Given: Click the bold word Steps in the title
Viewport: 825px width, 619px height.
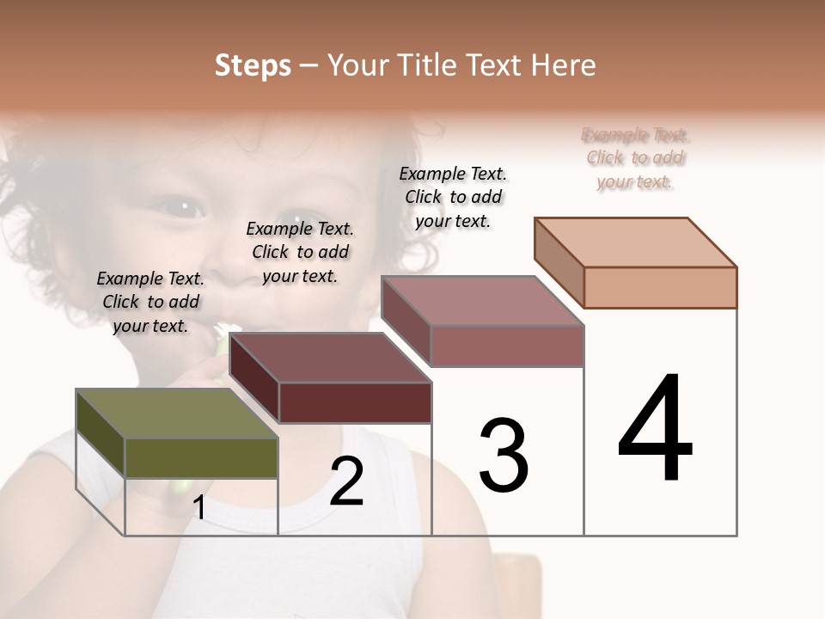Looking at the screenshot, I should coord(253,65).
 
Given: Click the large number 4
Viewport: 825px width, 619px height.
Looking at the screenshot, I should coord(655,429).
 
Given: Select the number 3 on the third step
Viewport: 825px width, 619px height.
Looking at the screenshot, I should coord(503,456).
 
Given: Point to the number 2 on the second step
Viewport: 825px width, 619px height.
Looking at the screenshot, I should coord(346,481).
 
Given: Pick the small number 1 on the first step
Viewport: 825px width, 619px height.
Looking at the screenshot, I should coord(199,508).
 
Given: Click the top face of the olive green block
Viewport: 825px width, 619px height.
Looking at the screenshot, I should coord(176,414).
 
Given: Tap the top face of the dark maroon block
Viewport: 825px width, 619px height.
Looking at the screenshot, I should coord(330,358).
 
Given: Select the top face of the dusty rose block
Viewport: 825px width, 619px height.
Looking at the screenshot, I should coord(483,301).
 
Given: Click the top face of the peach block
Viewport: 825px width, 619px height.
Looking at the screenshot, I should coord(636,242).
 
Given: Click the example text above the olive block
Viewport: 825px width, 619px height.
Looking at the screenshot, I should coord(150,302).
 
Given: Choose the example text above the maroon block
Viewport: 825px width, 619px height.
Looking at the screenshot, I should coord(300,252).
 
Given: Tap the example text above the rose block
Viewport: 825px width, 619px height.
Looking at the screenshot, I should coord(453,197).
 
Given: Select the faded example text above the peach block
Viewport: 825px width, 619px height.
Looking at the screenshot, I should coord(635,158).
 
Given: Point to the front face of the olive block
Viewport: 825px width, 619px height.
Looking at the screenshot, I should coord(201,457).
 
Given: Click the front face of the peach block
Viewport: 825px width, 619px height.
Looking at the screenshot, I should coord(660,287).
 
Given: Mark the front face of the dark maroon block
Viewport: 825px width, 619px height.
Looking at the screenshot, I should coord(355,402).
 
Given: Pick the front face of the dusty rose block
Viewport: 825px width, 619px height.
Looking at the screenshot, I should coord(507,346).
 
